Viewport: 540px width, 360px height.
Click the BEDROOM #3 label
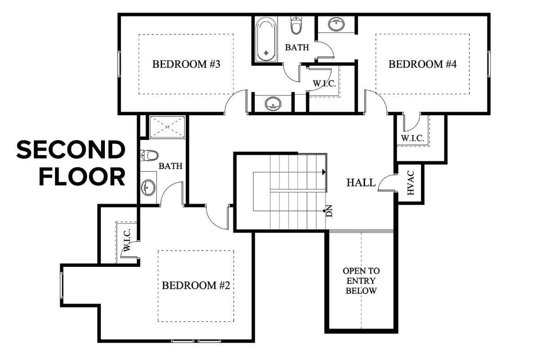click(186, 64)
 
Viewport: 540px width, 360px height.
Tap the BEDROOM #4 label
click(423, 64)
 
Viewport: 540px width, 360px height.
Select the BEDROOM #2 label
click(196, 285)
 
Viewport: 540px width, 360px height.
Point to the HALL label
click(361, 183)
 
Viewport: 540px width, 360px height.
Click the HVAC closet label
click(410, 183)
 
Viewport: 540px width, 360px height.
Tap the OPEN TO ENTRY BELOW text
click(361, 281)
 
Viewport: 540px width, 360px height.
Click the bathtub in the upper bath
click(266, 40)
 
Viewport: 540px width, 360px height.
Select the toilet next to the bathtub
click(296, 25)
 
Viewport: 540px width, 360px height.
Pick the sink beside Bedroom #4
click(336, 24)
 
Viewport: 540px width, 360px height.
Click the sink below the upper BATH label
click(273, 103)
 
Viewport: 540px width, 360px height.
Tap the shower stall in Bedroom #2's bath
click(167, 127)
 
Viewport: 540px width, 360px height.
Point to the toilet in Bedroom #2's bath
click(149, 155)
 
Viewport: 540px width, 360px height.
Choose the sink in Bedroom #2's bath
click(149, 188)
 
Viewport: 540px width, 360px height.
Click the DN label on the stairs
click(329, 211)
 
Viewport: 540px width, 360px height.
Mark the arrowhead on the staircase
click(324, 172)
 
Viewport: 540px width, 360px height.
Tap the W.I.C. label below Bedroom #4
click(412, 138)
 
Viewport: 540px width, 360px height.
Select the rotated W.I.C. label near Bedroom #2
click(127, 240)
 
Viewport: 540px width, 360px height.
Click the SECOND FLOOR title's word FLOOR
click(82, 177)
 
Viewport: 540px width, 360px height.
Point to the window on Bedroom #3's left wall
click(119, 64)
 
